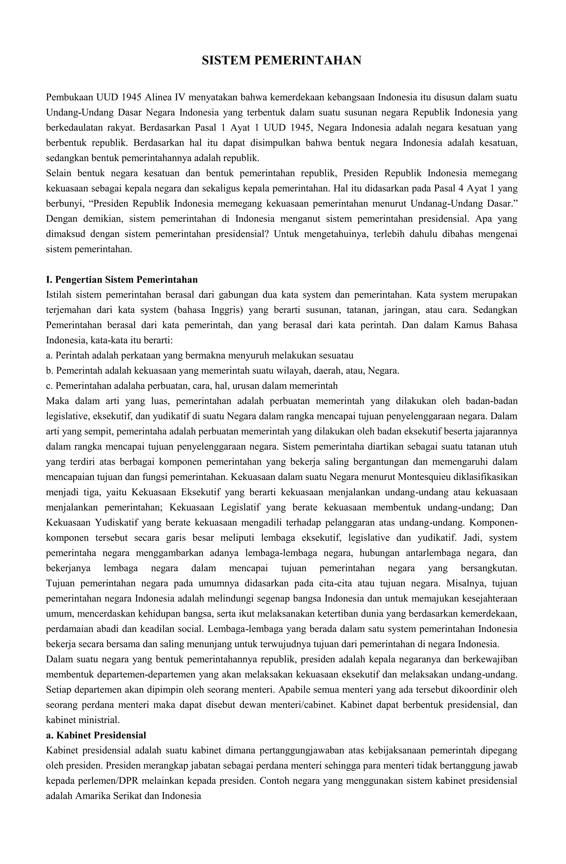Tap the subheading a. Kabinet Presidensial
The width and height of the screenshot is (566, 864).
[x=96, y=725]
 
